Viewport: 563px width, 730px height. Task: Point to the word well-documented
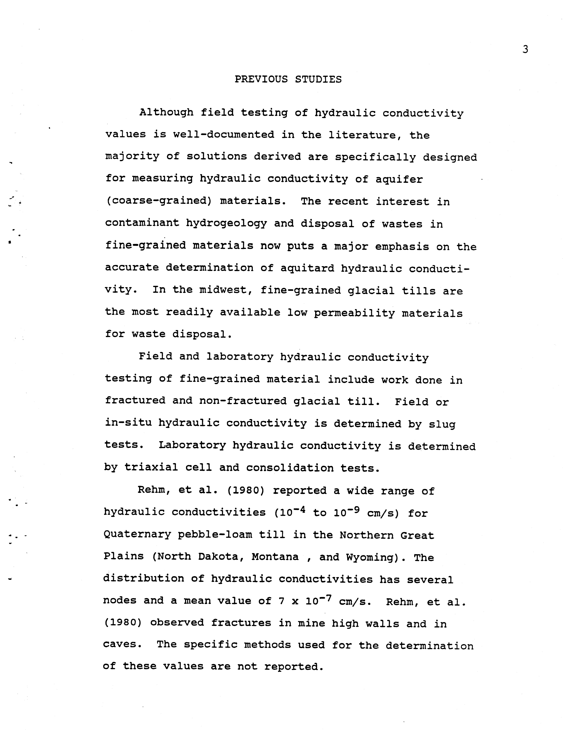(x=224, y=135)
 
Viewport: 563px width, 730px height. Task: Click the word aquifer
(x=399, y=179)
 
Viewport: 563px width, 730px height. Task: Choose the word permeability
(x=354, y=313)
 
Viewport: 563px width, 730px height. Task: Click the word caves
(x=120, y=644)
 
